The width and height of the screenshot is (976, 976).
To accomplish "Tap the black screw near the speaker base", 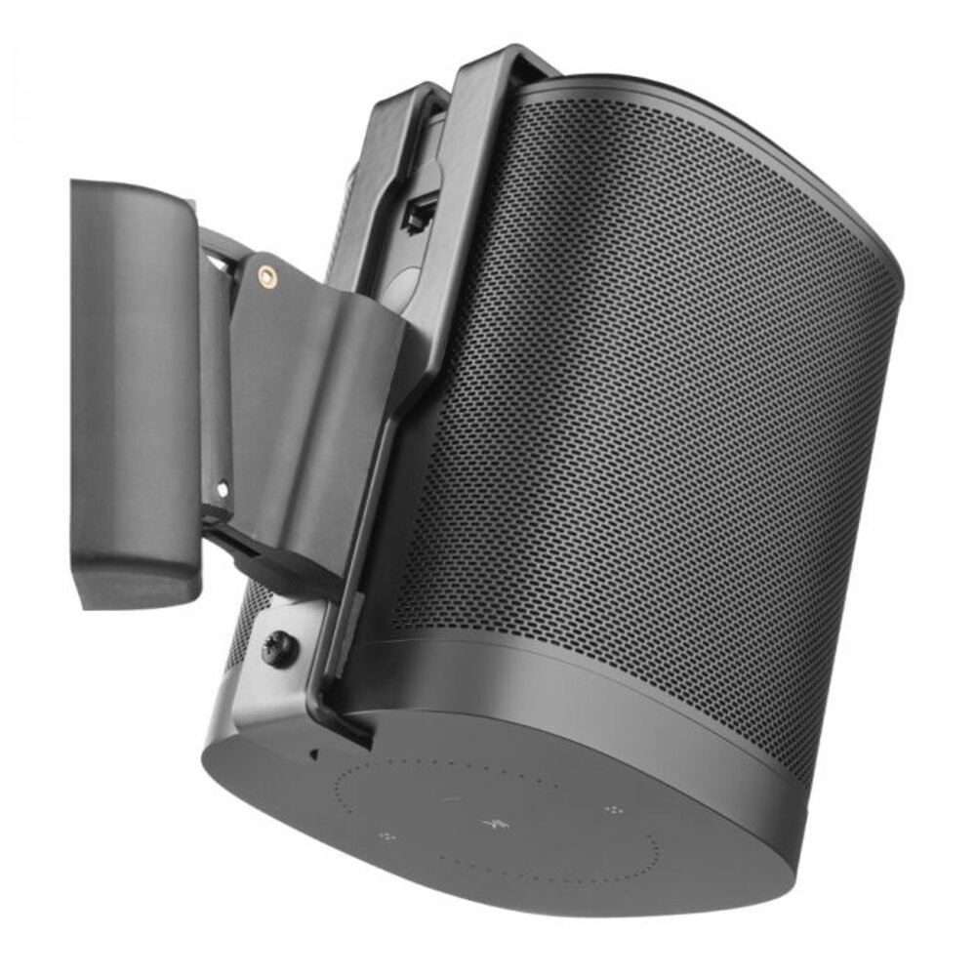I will pyautogui.click(x=277, y=649).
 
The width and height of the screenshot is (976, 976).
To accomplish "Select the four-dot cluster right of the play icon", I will pyautogui.click(x=613, y=809).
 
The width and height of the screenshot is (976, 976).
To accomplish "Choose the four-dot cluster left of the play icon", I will pyautogui.click(x=386, y=836).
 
